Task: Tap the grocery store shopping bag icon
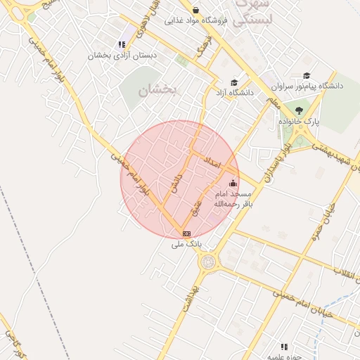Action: [195, 10]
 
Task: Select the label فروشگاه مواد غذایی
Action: [203, 20]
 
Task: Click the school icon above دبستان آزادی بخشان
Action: [122, 44]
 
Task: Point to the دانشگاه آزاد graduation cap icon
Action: [234, 82]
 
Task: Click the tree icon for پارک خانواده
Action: [299, 110]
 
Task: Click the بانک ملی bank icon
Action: [186, 233]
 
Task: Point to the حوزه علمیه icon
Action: [284, 347]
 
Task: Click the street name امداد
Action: [212, 163]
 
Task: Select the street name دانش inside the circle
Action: [176, 184]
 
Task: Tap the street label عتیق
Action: [198, 206]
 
